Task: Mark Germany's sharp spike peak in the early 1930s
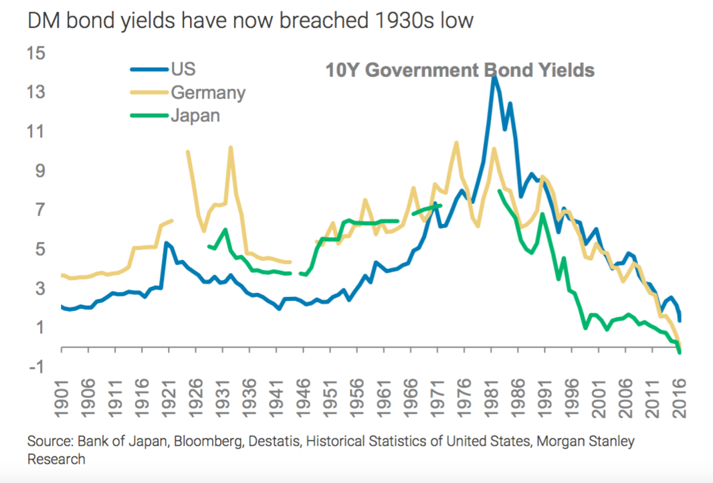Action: coord(230,147)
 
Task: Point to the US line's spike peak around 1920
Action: coord(166,243)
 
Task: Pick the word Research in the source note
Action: coord(56,459)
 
